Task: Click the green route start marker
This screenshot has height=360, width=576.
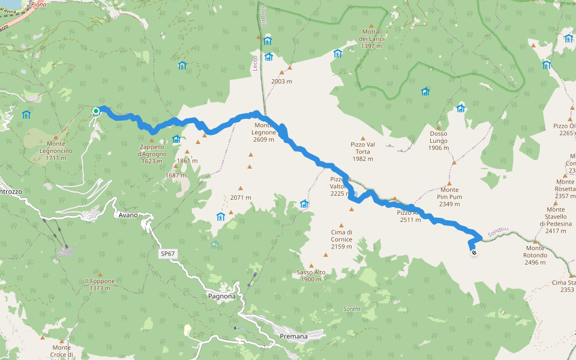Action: point(96,111)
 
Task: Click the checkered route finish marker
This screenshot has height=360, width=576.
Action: point(474,253)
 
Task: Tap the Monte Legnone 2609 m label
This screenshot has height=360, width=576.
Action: point(263,136)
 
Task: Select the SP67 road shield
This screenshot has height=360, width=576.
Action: point(168,254)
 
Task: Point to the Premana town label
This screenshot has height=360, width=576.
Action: point(293,337)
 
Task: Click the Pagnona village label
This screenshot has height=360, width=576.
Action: point(222,296)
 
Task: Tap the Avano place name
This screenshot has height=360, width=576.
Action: point(128,215)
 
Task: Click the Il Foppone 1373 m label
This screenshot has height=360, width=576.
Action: point(100,284)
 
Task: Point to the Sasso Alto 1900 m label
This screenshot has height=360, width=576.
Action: point(311,275)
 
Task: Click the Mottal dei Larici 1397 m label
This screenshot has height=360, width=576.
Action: point(371,38)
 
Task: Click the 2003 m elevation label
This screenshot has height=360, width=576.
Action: point(281,81)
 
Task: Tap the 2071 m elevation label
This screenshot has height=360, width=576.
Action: point(240,197)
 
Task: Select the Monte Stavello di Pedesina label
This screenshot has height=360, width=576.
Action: point(556,220)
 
